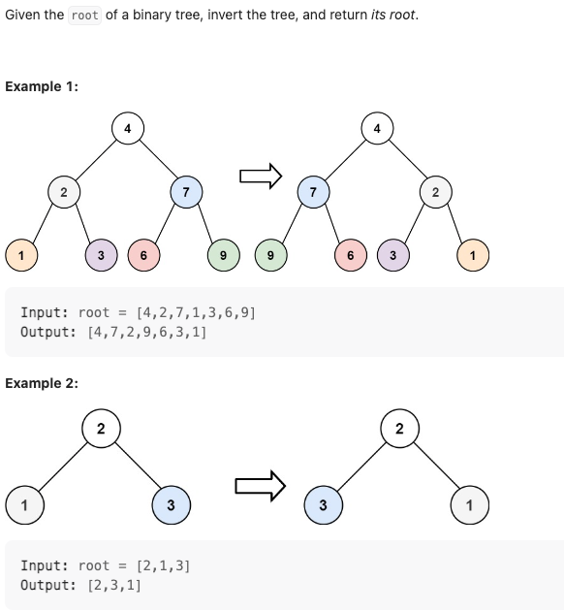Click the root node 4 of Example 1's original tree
pyautogui.click(x=127, y=128)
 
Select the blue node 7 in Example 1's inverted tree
pyautogui.click(x=313, y=192)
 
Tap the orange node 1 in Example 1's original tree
pyautogui.click(x=21, y=255)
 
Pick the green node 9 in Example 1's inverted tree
pyautogui.click(x=270, y=255)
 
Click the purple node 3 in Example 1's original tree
pyautogui.click(x=101, y=255)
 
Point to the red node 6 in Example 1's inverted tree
pyautogui.click(x=350, y=255)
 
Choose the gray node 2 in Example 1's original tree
pyautogui.click(x=63, y=192)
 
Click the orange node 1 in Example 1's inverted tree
pyautogui.click(x=473, y=255)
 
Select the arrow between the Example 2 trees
pyautogui.click(x=261, y=485)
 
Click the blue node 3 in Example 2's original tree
pyautogui.click(x=171, y=504)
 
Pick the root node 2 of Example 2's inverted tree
pyautogui.click(x=399, y=428)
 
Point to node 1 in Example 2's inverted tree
pyautogui.click(x=469, y=504)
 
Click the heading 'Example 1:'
pyautogui.click(x=42, y=86)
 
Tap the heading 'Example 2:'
pyautogui.click(x=42, y=383)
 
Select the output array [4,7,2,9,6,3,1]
pyautogui.click(x=146, y=332)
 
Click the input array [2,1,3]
pyautogui.click(x=164, y=565)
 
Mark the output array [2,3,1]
pyautogui.click(x=114, y=585)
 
